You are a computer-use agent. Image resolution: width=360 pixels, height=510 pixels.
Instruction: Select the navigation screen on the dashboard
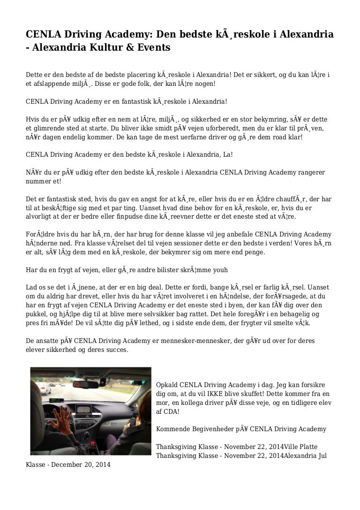83,409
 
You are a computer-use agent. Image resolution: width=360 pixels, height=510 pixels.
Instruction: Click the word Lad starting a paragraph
31,286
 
